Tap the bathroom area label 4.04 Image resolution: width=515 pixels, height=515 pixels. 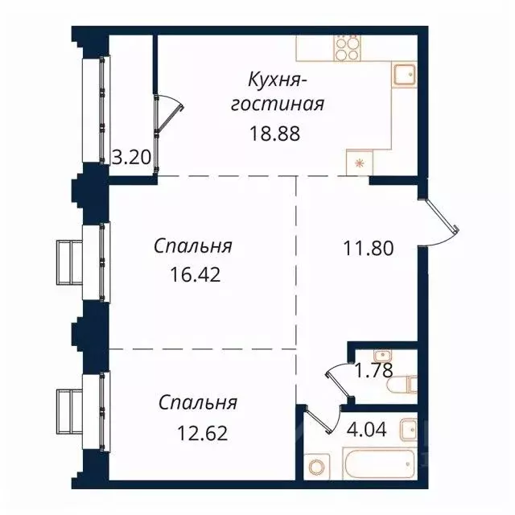(x=367, y=429)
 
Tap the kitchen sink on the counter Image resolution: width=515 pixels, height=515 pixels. (x=404, y=76)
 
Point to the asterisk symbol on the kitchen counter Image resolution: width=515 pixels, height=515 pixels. (x=358, y=162)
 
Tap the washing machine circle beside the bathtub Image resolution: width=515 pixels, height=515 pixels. (x=318, y=467)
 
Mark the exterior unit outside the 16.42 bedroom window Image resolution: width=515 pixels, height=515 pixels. (x=70, y=262)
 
